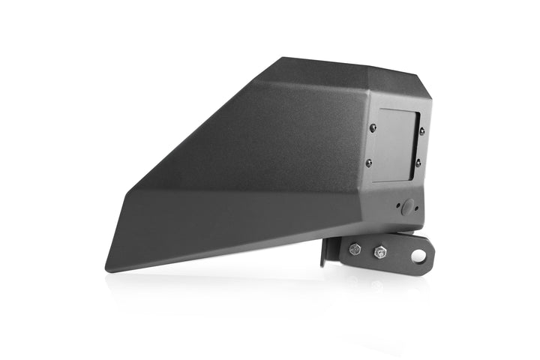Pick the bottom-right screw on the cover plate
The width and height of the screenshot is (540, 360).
coord(418,163)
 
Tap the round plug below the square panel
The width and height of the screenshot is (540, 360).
coord(407,208)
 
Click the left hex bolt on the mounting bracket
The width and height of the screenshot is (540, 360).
coord(355,250)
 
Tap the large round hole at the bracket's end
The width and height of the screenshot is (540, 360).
coord(418,256)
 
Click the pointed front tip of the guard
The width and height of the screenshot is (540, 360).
coord(107,263)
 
